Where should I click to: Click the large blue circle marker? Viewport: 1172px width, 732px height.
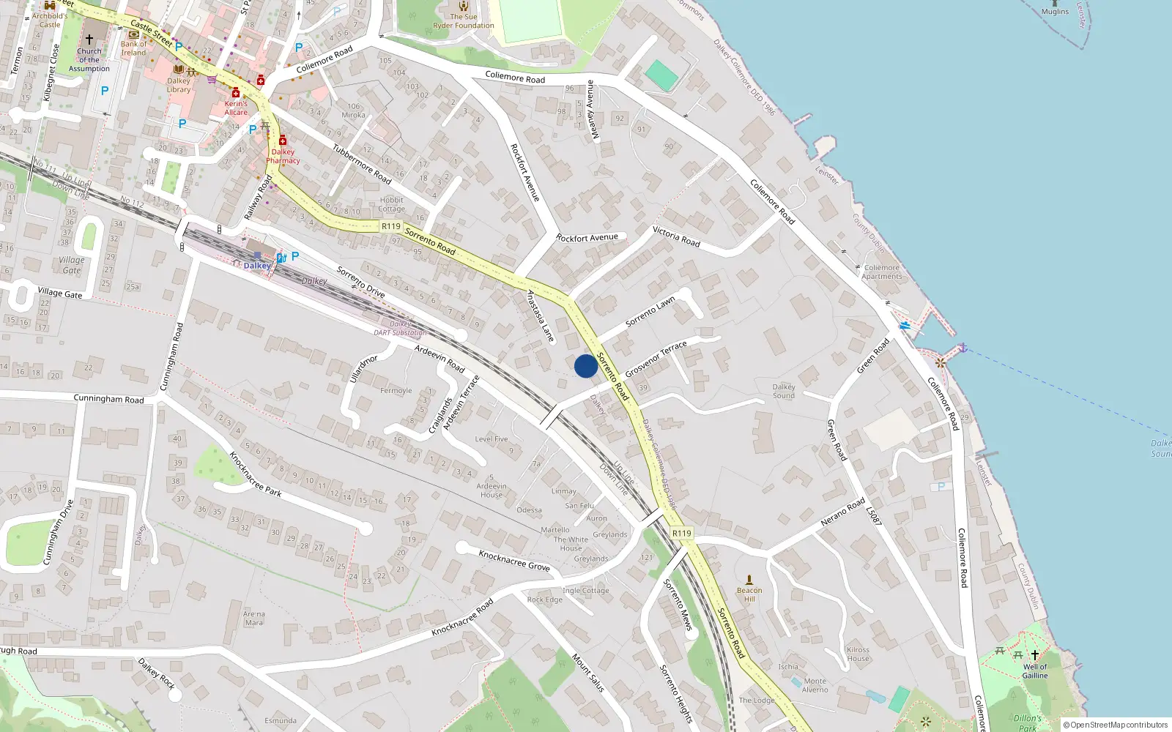tap(585, 366)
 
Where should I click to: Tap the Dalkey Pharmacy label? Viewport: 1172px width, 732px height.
tap(283, 157)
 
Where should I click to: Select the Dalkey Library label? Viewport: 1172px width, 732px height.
tap(179, 86)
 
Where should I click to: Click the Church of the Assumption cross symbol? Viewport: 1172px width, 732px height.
tap(89, 40)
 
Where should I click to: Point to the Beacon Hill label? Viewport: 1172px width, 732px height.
tap(749, 594)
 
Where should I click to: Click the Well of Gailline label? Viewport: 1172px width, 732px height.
tap(1035, 671)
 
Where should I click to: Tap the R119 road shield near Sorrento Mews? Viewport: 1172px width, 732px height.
tap(681, 533)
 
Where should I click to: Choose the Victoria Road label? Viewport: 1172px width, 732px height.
tap(676, 236)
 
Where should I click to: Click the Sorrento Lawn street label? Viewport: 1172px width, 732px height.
tap(650, 313)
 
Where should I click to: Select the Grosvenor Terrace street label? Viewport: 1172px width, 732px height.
tap(656, 359)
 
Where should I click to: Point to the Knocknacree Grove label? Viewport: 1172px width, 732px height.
tap(514, 561)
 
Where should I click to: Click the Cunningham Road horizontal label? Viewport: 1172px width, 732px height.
tap(108, 399)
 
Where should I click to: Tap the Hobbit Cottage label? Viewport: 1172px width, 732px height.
tap(391, 204)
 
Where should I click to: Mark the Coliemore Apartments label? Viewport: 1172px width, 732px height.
tap(881, 272)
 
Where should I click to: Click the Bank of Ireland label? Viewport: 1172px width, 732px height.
tap(134, 48)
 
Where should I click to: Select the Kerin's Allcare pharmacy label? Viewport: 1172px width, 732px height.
tap(236, 108)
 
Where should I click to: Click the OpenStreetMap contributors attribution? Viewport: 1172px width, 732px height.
tap(1116, 725)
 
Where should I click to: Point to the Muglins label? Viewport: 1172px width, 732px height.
tap(1055, 12)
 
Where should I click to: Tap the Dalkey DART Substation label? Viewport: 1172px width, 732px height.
tap(400, 328)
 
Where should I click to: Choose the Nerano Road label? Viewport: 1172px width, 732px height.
tap(842, 512)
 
